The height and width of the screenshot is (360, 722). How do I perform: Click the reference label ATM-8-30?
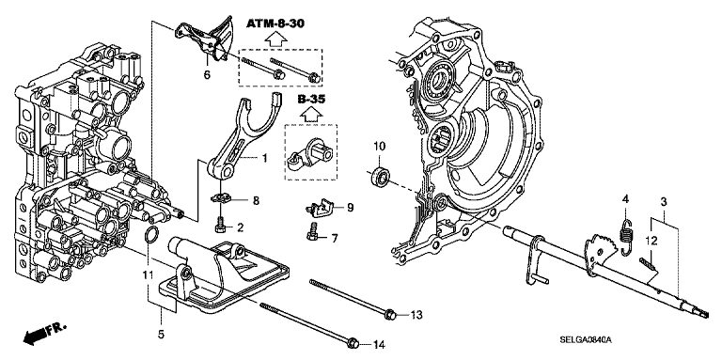(275, 23)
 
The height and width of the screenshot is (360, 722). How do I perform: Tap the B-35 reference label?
(311, 99)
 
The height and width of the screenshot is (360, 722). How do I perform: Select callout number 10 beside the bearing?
(379, 147)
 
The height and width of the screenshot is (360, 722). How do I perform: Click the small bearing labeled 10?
(381, 177)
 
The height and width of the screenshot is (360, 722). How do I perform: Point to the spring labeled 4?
(626, 237)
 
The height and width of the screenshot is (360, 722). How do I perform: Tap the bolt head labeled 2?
(220, 225)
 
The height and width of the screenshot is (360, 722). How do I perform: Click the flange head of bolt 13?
(389, 315)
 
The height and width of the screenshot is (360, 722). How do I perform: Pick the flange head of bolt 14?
(353, 343)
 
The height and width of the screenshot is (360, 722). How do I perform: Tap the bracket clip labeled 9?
(321, 207)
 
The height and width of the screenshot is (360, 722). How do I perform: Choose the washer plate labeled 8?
(221, 198)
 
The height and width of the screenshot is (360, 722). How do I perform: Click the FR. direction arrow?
(43, 333)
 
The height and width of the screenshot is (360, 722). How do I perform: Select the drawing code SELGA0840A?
(585, 340)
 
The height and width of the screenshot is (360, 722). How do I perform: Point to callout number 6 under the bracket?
(207, 74)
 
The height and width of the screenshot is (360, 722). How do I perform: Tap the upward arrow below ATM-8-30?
(275, 39)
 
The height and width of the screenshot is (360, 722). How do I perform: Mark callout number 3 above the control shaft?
(663, 202)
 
